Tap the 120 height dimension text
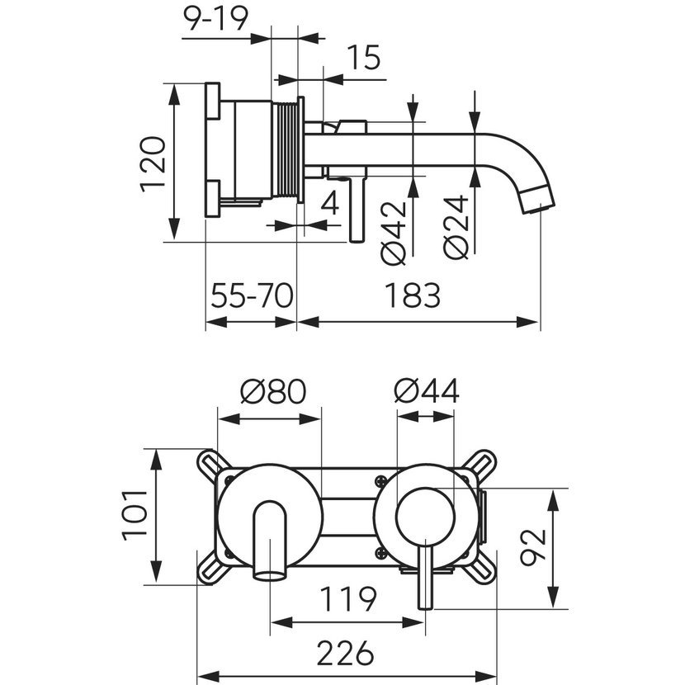(x=154, y=164)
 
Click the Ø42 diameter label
(x=394, y=233)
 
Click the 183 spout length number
(x=411, y=295)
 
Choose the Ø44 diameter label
(x=426, y=390)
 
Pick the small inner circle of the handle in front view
(x=425, y=516)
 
